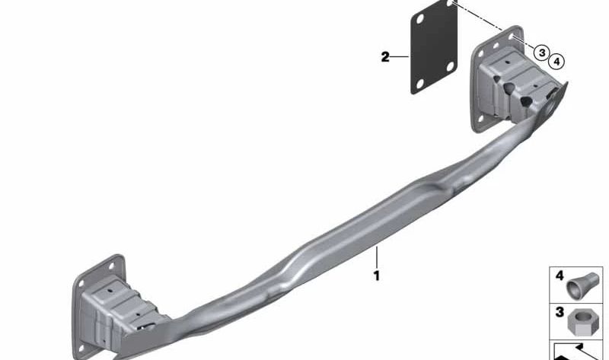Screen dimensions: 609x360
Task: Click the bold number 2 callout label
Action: [385, 57]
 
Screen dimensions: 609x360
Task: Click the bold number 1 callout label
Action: [376, 276]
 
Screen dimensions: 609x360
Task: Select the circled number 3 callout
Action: [542, 53]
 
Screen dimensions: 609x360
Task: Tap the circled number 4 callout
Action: [556, 62]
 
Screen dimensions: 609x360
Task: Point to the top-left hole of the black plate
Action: [419, 19]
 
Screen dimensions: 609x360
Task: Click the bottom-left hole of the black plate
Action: [419, 84]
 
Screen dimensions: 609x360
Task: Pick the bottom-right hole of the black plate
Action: [450, 67]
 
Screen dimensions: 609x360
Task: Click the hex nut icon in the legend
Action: [578, 322]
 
